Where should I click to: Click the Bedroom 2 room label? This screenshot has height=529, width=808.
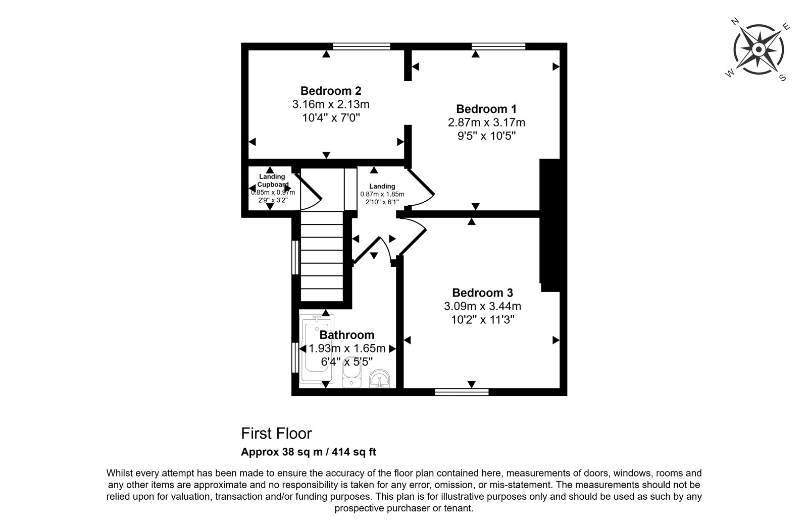tap(331, 91)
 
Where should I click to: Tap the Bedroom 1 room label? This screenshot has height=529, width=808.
tap(486, 109)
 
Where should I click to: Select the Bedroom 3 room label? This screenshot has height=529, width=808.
tap(482, 293)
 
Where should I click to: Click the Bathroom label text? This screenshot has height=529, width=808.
tap(346, 335)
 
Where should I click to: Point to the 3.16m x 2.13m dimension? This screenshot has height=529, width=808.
tap(331, 104)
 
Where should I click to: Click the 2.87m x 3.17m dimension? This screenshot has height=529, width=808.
tap(486, 123)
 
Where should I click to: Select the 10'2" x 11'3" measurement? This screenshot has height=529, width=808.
tap(482, 320)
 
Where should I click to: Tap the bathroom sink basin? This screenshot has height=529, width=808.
tap(379, 379)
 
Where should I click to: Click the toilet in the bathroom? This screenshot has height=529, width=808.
tap(351, 372)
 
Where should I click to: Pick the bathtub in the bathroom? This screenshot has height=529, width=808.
tap(317, 348)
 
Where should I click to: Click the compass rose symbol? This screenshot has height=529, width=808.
tap(759, 50)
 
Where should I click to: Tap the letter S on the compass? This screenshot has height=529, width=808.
tap(782, 78)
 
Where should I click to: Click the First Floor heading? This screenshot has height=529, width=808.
tap(276, 434)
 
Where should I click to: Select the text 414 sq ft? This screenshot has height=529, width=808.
tap(354, 452)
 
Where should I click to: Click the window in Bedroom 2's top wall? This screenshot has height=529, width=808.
tap(361, 46)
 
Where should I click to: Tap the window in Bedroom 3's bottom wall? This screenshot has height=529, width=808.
tap(462, 392)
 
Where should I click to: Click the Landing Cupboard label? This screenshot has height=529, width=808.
tap(272, 181)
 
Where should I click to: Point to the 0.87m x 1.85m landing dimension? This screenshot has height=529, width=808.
tap(382, 194)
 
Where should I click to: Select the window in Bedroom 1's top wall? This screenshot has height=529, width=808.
tap(498, 46)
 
